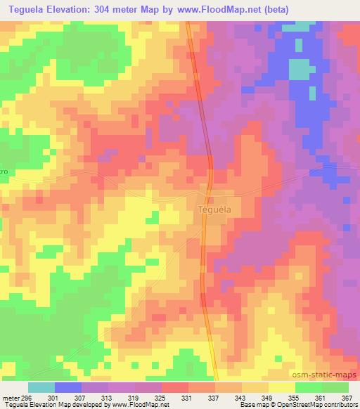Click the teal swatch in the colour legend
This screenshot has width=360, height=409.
[x=41, y=387]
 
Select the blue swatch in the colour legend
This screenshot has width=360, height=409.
[x=67, y=387]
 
